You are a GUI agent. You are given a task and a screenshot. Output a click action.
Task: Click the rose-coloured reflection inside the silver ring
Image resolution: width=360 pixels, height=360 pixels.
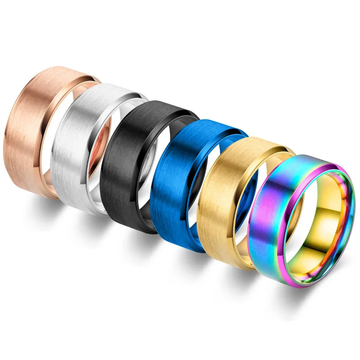100,148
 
